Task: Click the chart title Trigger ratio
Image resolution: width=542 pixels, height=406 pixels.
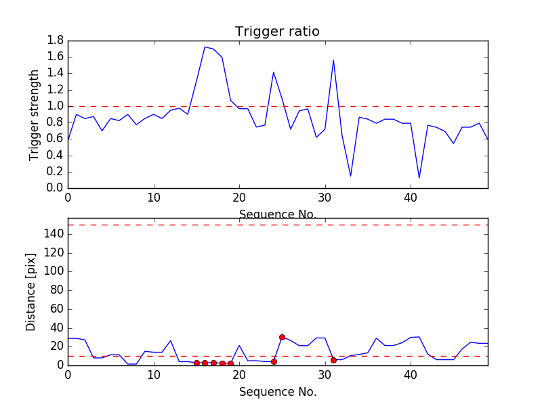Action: [x=277, y=32]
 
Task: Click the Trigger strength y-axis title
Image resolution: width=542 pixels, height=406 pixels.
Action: [x=35, y=114]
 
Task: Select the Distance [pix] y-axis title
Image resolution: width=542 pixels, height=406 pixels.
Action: [x=31, y=292]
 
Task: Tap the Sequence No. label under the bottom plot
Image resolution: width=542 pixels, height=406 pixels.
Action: [x=277, y=392]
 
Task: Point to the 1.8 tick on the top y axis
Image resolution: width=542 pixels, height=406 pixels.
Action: [x=55, y=41]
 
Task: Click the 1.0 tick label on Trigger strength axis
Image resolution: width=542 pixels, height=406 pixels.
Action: [x=55, y=106]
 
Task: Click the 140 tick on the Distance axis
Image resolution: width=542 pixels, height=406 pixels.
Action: [x=53, y=234]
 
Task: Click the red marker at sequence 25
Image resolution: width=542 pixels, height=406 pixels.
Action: [x=282, y=337]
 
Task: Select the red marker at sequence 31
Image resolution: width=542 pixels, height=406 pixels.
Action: [x=333, y=360]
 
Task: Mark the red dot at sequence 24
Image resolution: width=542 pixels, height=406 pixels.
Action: [x=274, y=361]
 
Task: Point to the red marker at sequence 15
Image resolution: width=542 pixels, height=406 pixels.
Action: [x=196, y=363]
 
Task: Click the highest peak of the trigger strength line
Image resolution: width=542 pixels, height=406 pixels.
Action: [x=205, y=47]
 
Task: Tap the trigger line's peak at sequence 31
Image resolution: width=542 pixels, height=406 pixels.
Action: [x=333, y=60]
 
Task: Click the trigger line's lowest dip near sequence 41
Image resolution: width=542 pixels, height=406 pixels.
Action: [x=419, y=178]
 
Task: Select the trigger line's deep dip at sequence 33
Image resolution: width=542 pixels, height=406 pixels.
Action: [x=350, y=176]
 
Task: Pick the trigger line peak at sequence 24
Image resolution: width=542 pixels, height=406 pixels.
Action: [x=274, y=72]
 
